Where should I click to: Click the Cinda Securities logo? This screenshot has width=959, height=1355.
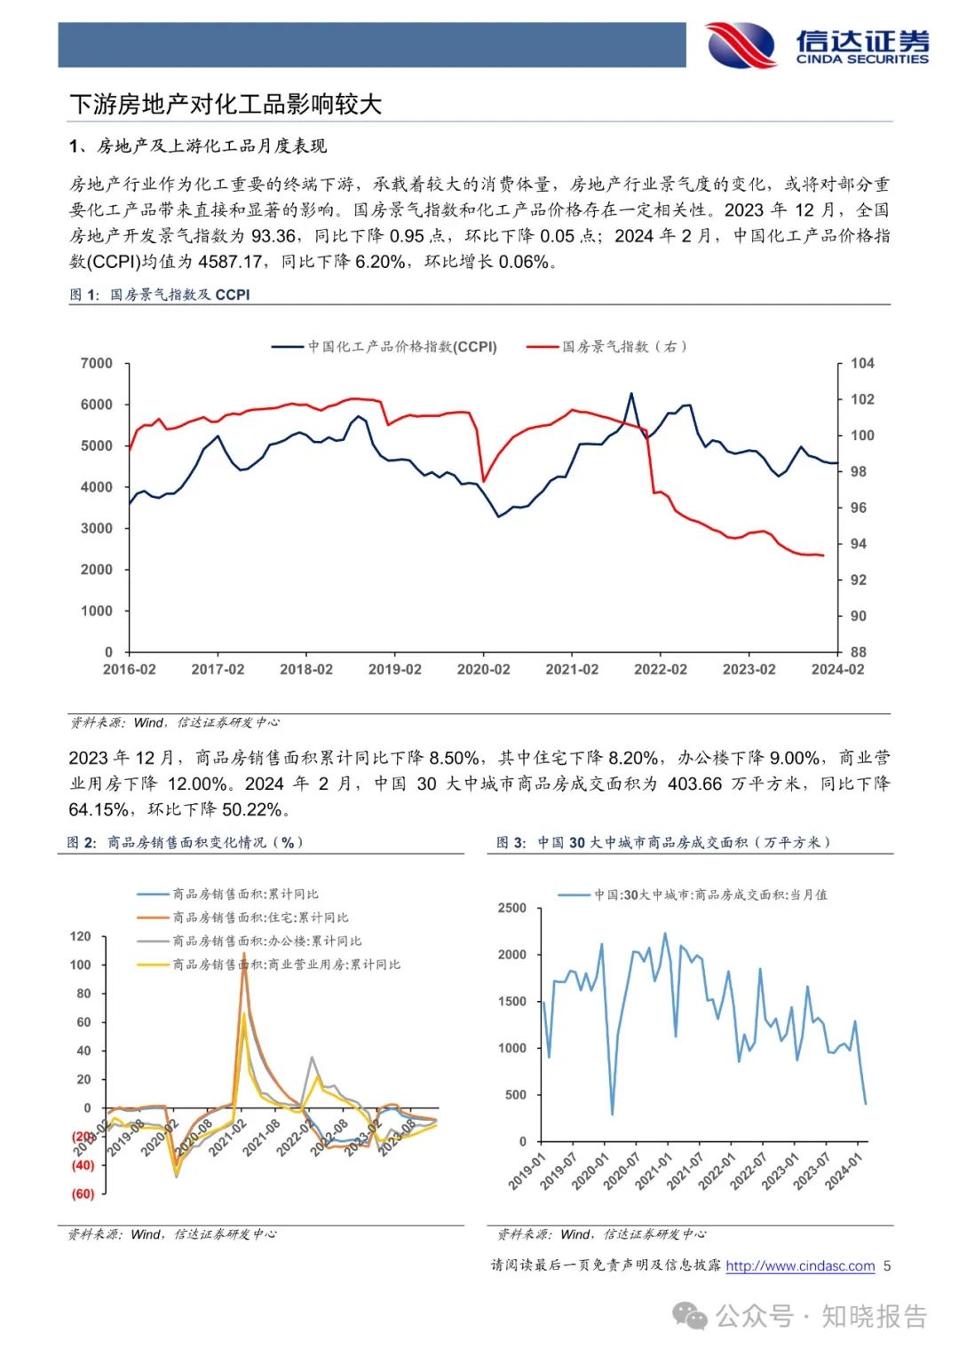point(817,44)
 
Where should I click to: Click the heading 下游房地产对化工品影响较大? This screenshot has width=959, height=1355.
point(226,105)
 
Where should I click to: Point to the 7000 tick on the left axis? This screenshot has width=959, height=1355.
point(97,363)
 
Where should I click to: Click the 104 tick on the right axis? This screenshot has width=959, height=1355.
point(861,363)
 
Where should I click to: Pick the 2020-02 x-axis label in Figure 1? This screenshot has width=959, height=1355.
point(483,670)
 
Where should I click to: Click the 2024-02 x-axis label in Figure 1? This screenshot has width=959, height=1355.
point(836,670)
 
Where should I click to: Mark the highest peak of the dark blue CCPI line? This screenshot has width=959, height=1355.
point(631,393)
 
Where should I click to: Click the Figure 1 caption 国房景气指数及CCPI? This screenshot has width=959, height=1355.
point(179,295)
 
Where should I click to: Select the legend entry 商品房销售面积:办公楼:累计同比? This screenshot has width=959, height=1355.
point(266,941)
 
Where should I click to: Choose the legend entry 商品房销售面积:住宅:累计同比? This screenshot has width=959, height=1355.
point(260,918)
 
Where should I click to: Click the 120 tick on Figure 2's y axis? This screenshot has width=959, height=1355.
point(81,936)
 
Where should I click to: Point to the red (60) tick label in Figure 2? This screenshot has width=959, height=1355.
point(83,1194)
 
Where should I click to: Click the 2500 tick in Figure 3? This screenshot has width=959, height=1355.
point(512,908)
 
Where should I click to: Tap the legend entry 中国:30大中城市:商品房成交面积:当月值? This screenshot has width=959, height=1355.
point(710,894)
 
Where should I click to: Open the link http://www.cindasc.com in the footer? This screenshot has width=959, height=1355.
point(800,1266)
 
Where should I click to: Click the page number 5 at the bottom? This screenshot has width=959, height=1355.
point(887,1266)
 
